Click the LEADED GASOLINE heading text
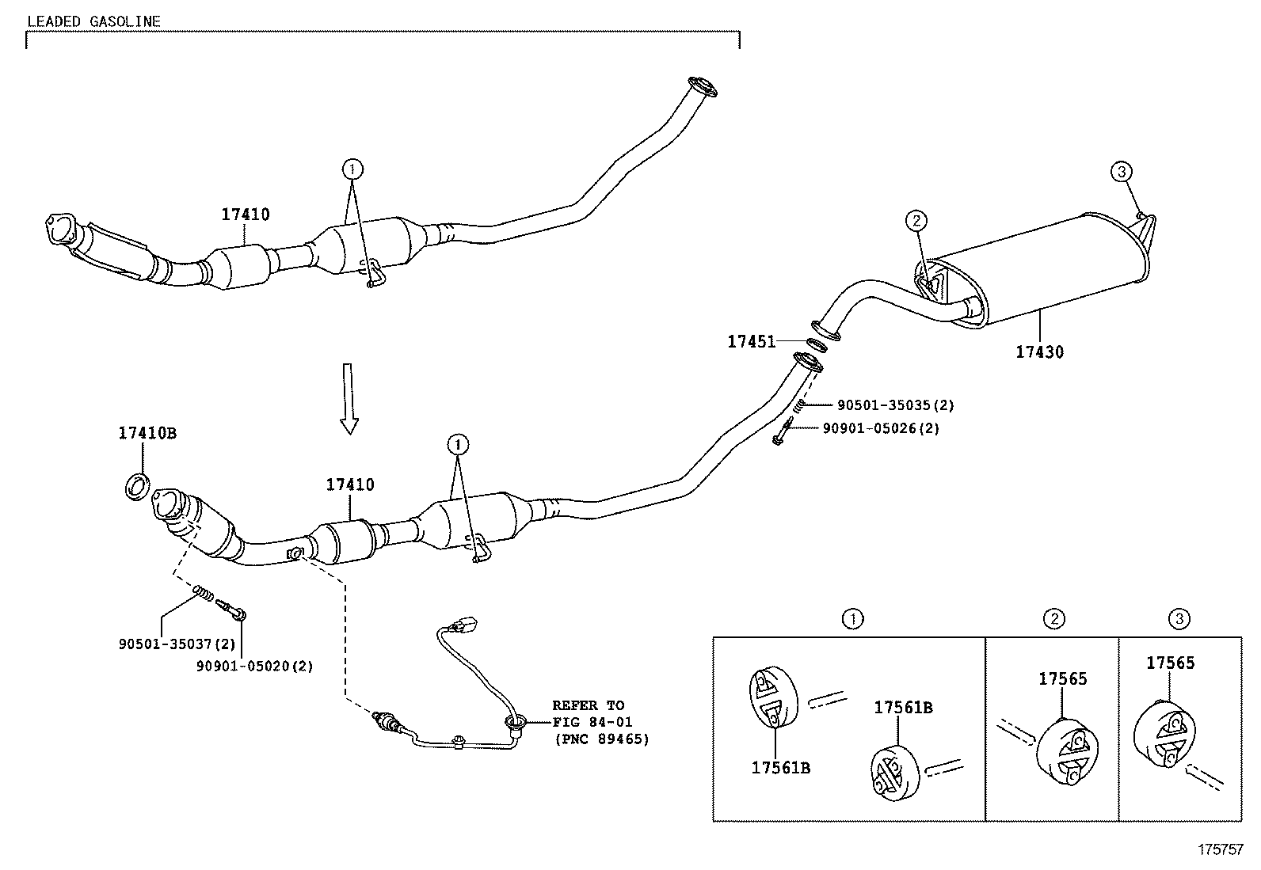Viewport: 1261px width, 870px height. (x=94, y=21)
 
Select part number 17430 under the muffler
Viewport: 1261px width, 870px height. (x=1039, y=351)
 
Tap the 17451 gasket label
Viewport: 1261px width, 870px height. (x=751, y=341)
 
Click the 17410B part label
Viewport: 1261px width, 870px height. (x=147, y=433)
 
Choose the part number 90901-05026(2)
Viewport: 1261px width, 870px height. (x=880, y=428)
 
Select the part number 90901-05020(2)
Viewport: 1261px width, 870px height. (x=254, y=666)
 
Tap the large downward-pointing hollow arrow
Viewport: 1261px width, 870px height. (x=349, y=398)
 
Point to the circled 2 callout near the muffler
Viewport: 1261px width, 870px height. (x=916, y=220)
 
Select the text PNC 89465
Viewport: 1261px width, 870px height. (x=601, y=739)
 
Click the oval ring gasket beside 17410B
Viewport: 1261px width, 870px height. (x=138, y=486)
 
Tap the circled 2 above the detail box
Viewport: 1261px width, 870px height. (x=1053, y=619)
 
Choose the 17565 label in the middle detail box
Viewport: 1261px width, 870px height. (x=1063, y=678)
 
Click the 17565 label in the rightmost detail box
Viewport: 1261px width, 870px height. (x=1170, y=663)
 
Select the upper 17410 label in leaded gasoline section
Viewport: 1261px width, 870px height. (x=245, y=214)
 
